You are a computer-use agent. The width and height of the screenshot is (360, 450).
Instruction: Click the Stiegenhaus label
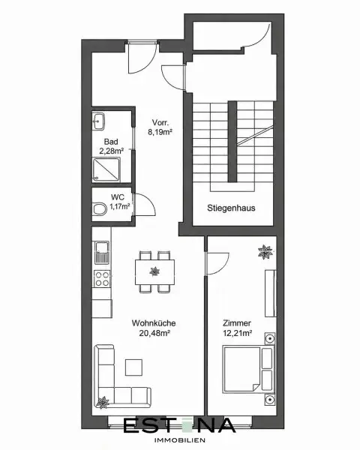231,208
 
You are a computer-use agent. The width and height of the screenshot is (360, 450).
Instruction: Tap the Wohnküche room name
154,322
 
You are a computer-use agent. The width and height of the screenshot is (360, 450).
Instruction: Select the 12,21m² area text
238,333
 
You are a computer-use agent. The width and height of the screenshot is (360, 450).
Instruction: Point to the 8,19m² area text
160,132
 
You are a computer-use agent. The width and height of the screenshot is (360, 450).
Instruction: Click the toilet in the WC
99,208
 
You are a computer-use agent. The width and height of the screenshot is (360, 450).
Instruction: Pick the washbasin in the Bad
98,121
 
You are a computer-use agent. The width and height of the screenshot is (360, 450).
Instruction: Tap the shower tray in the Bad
106,169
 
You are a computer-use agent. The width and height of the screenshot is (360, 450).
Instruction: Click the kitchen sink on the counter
102,253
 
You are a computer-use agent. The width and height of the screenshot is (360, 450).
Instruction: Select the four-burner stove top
102,279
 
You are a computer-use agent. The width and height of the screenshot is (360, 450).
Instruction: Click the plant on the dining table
154,271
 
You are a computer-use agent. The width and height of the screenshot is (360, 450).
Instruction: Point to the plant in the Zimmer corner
265,252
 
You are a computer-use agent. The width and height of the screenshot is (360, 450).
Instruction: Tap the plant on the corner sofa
103,402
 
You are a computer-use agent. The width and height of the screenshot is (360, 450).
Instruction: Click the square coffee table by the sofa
133,367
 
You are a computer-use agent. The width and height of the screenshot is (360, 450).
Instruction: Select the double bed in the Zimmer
248,369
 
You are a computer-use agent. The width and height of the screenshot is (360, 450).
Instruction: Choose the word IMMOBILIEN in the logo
180,440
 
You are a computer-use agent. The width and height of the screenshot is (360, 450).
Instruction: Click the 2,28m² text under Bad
112,151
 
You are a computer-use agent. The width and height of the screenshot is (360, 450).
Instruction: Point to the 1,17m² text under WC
120,206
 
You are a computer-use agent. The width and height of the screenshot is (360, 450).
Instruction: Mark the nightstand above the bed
270,339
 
